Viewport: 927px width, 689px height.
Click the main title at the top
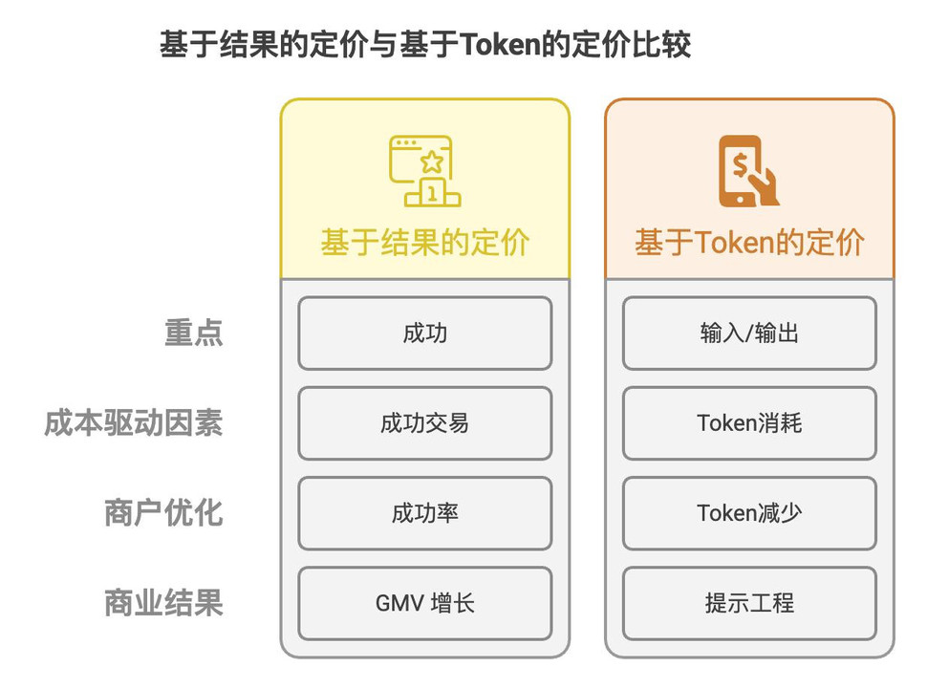click(425, 45)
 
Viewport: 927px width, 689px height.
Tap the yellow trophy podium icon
click(424, 171)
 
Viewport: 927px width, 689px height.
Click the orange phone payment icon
click(748, 171)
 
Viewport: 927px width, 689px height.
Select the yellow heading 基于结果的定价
click(424, 243)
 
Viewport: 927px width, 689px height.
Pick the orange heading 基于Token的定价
click(749, 243)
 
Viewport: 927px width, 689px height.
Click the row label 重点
click(193, 333)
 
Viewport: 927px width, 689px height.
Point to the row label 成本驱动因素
click(134, 423)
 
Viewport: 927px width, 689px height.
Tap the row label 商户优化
click(163, 513)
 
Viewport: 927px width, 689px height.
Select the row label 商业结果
click(163, 603)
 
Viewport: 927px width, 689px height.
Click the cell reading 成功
click(425, 334)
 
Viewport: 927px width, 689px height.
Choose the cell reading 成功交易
click(425, 423)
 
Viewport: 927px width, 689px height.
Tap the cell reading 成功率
click(425, 513)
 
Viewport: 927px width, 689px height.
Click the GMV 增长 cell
click(425, 603)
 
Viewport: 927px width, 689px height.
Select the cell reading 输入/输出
click(749, 334)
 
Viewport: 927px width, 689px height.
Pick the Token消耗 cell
click(749, 423)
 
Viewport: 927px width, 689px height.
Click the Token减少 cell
click(749, 513)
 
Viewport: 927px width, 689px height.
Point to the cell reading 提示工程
click(749, 603)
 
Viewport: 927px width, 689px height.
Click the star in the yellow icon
click(432, 161)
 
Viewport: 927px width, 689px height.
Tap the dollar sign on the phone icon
click(740, 165)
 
